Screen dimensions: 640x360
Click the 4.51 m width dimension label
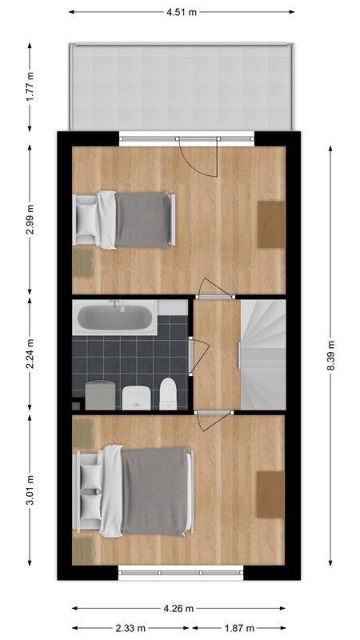182,12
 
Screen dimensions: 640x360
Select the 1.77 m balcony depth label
30,86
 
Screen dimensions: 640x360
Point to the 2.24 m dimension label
30,356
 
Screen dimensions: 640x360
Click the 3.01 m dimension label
30,490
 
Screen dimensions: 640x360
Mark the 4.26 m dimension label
179,608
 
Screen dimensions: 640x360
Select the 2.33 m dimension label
131,628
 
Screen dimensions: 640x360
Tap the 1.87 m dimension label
238,628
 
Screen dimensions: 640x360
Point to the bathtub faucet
117,305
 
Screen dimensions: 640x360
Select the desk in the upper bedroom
270,224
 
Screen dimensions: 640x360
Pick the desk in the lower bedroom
270,494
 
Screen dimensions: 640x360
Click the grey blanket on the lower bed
155,490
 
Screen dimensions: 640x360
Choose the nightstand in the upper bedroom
83,261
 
